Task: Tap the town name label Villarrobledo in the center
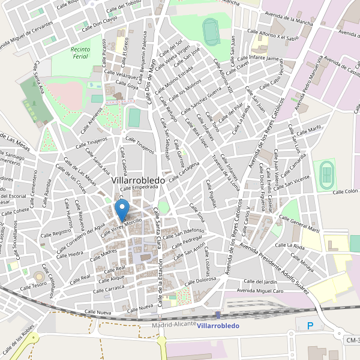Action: (x=142, y=179)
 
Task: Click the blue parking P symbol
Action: (x=310, y=326)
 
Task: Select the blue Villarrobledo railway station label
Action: (x=218, y=325)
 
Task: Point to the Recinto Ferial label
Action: (x=79, y=52)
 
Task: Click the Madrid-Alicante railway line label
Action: (x=174, y=324)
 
